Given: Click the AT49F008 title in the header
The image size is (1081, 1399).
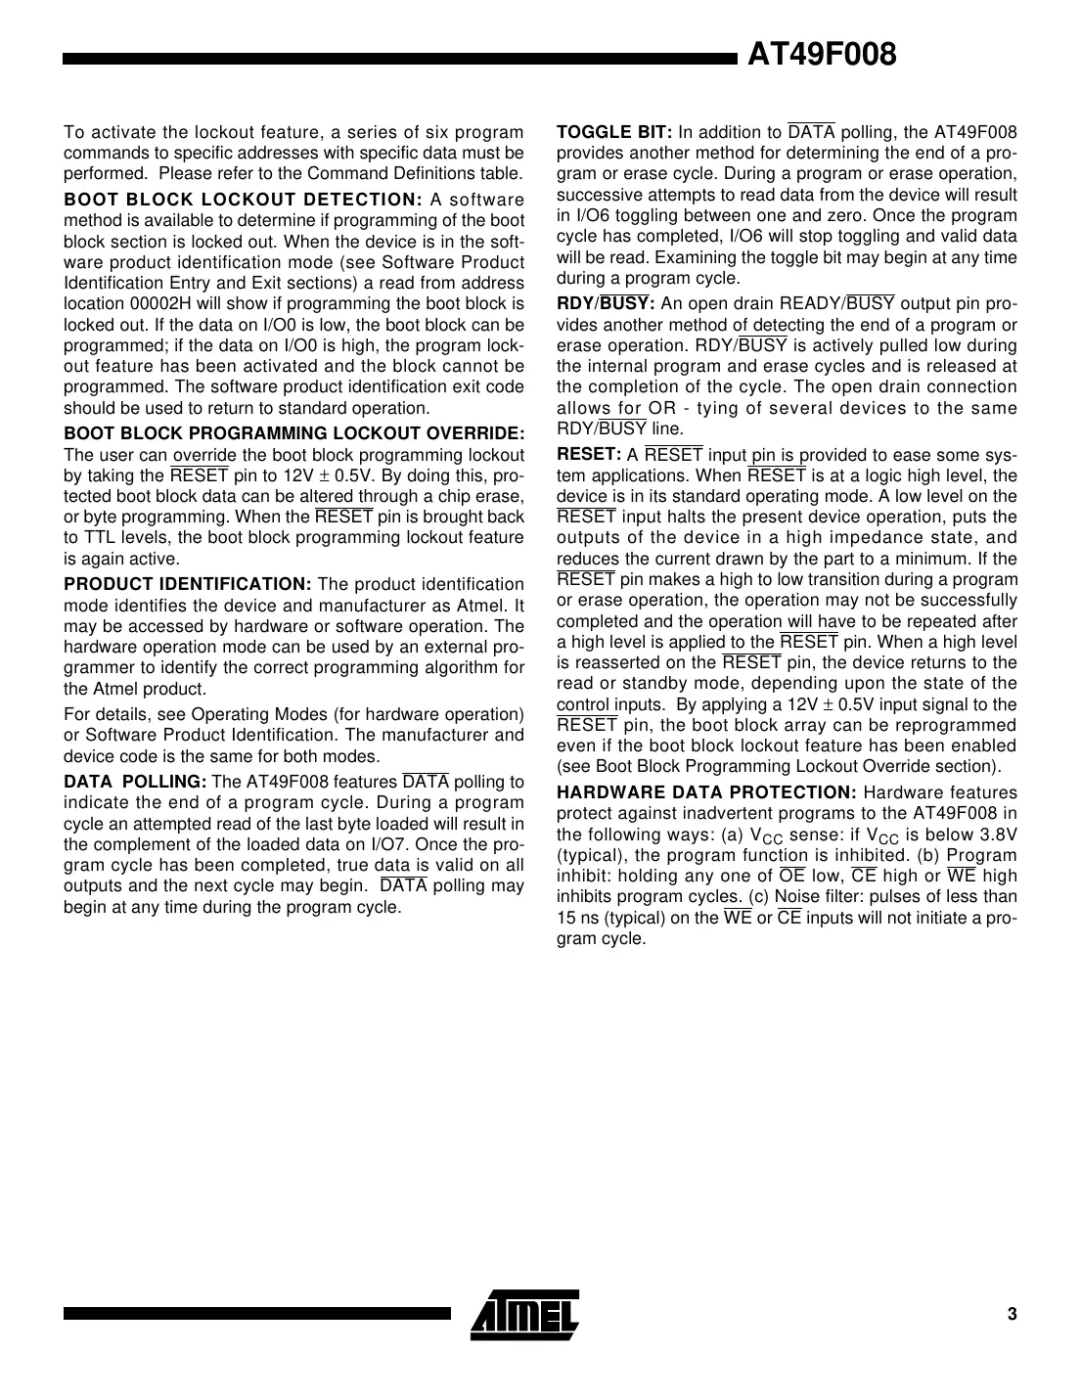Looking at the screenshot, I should coord(822,55).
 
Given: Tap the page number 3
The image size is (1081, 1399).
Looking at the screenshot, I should coord(1012,1313).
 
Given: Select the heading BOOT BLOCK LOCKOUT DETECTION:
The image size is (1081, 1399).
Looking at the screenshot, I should coord(243,200).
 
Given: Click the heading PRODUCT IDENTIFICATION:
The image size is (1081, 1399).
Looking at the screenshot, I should coord(187,584).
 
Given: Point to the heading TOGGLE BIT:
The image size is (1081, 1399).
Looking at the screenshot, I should coord(614,132).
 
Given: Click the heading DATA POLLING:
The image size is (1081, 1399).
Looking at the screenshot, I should coord(135,782).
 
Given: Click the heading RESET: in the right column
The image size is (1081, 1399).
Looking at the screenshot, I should coord(589,454).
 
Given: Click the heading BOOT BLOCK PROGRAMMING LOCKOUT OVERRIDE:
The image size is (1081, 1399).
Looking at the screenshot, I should coord(293,433).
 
